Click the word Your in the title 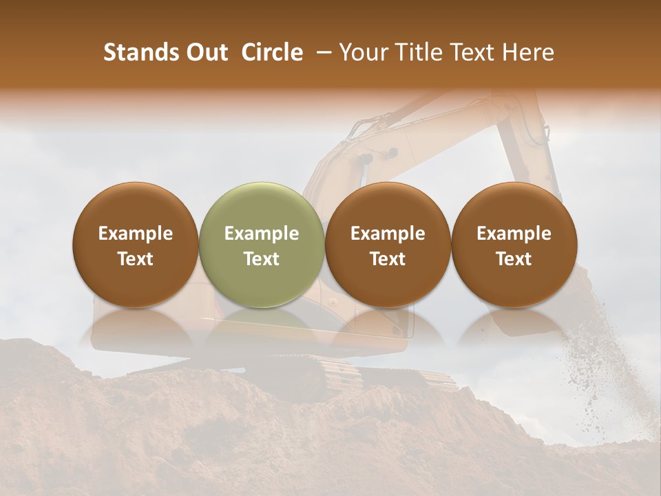pos(363,52)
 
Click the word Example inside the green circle pos(262,234)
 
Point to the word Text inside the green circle pos(262,259)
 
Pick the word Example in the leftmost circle pos(136,234)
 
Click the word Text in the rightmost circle pos(514,259)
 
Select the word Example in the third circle pos(388,234)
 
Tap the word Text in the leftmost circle pos(136,259)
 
